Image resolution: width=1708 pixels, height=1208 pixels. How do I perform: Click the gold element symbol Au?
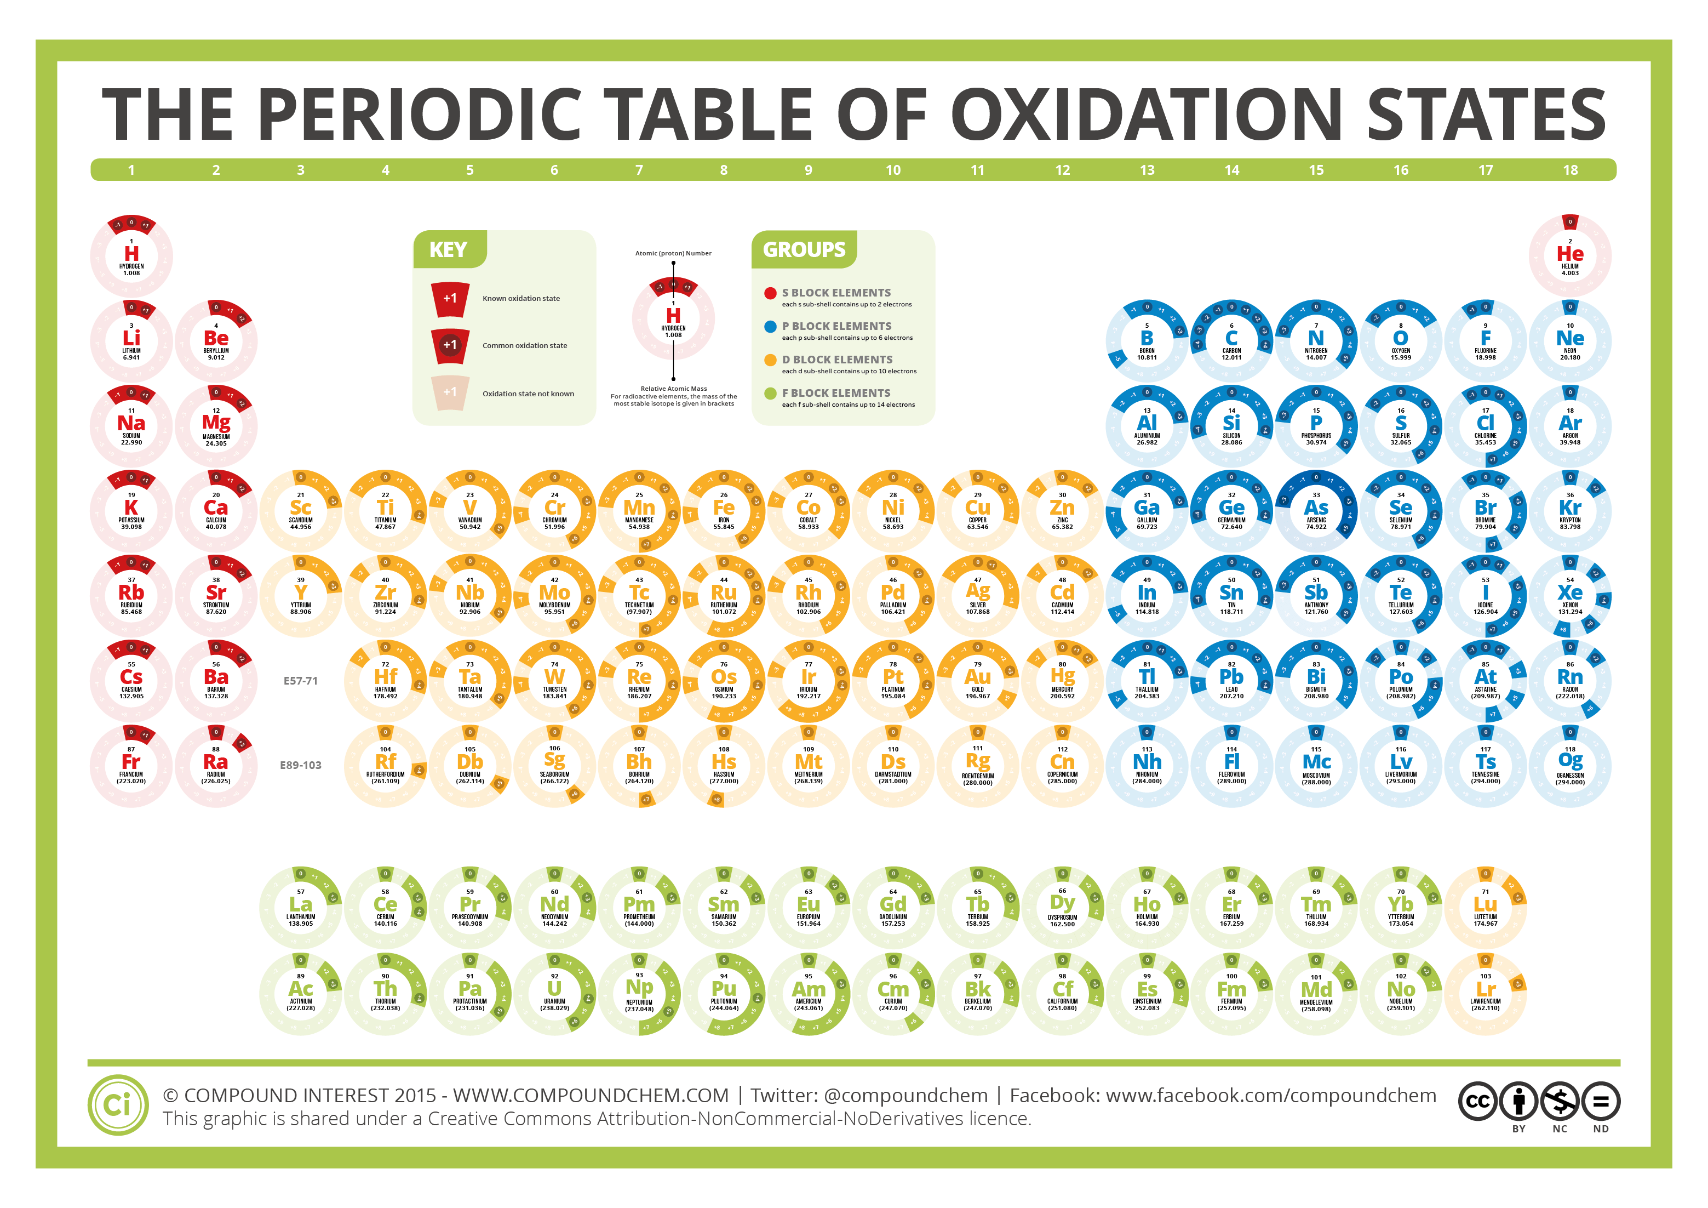[977, 676]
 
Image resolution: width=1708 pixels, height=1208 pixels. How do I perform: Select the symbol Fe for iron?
[724, 508]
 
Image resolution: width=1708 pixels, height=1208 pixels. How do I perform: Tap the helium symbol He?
[1569, 254]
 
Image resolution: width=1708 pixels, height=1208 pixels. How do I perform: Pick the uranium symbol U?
[554, 988]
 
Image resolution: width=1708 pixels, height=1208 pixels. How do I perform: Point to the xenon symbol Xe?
[1569, 592]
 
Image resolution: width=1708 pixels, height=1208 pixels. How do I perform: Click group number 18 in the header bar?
[1569, 170]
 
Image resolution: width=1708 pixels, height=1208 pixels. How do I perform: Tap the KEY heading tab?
[448, 250]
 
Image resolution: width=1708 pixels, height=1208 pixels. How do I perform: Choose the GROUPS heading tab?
[804, 250]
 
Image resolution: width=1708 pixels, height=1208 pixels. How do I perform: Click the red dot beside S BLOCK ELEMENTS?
[771, 293]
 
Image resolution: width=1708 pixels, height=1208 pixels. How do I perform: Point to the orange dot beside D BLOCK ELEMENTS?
[771, 360]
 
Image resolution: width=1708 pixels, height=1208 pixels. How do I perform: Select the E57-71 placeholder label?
[301, 680]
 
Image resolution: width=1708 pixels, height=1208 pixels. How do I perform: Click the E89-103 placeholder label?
[301, 765]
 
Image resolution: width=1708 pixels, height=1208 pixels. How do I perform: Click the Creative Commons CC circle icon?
[1477, 1102]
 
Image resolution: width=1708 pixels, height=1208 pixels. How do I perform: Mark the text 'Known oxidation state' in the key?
[521, 299]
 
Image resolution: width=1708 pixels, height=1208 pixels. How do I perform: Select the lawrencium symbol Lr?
[1485, 989]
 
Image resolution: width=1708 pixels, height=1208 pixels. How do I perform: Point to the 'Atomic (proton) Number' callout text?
[673, 253]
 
